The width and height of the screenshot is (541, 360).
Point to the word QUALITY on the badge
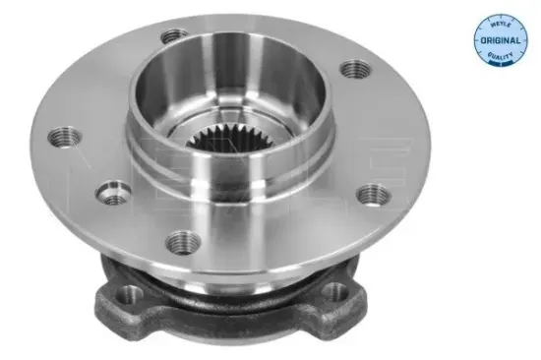point(499,56)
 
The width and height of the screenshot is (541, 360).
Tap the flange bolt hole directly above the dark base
point(183,240)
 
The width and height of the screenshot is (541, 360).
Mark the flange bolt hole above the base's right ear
point(370,194)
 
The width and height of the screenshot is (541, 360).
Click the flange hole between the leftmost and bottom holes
point(115,196)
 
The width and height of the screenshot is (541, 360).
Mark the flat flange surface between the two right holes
point(379,133)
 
